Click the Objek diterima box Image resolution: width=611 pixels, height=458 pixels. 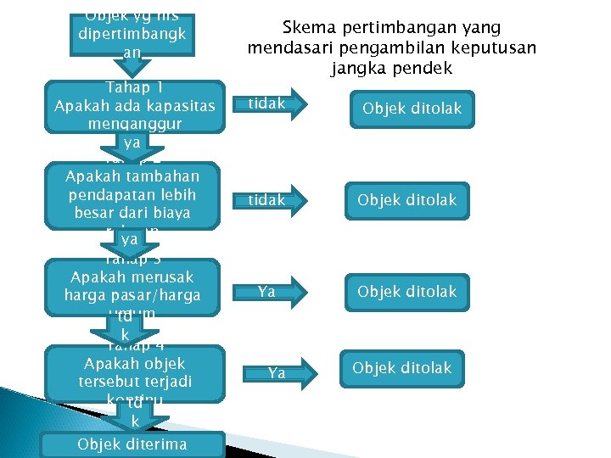132,444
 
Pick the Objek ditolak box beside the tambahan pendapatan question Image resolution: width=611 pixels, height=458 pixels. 406,200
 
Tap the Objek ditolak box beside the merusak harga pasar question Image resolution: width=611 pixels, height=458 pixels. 406,292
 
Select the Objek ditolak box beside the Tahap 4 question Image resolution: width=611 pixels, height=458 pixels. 401,368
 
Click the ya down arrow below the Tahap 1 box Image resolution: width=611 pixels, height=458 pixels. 132,144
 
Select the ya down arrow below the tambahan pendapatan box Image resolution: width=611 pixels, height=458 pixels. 129,240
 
